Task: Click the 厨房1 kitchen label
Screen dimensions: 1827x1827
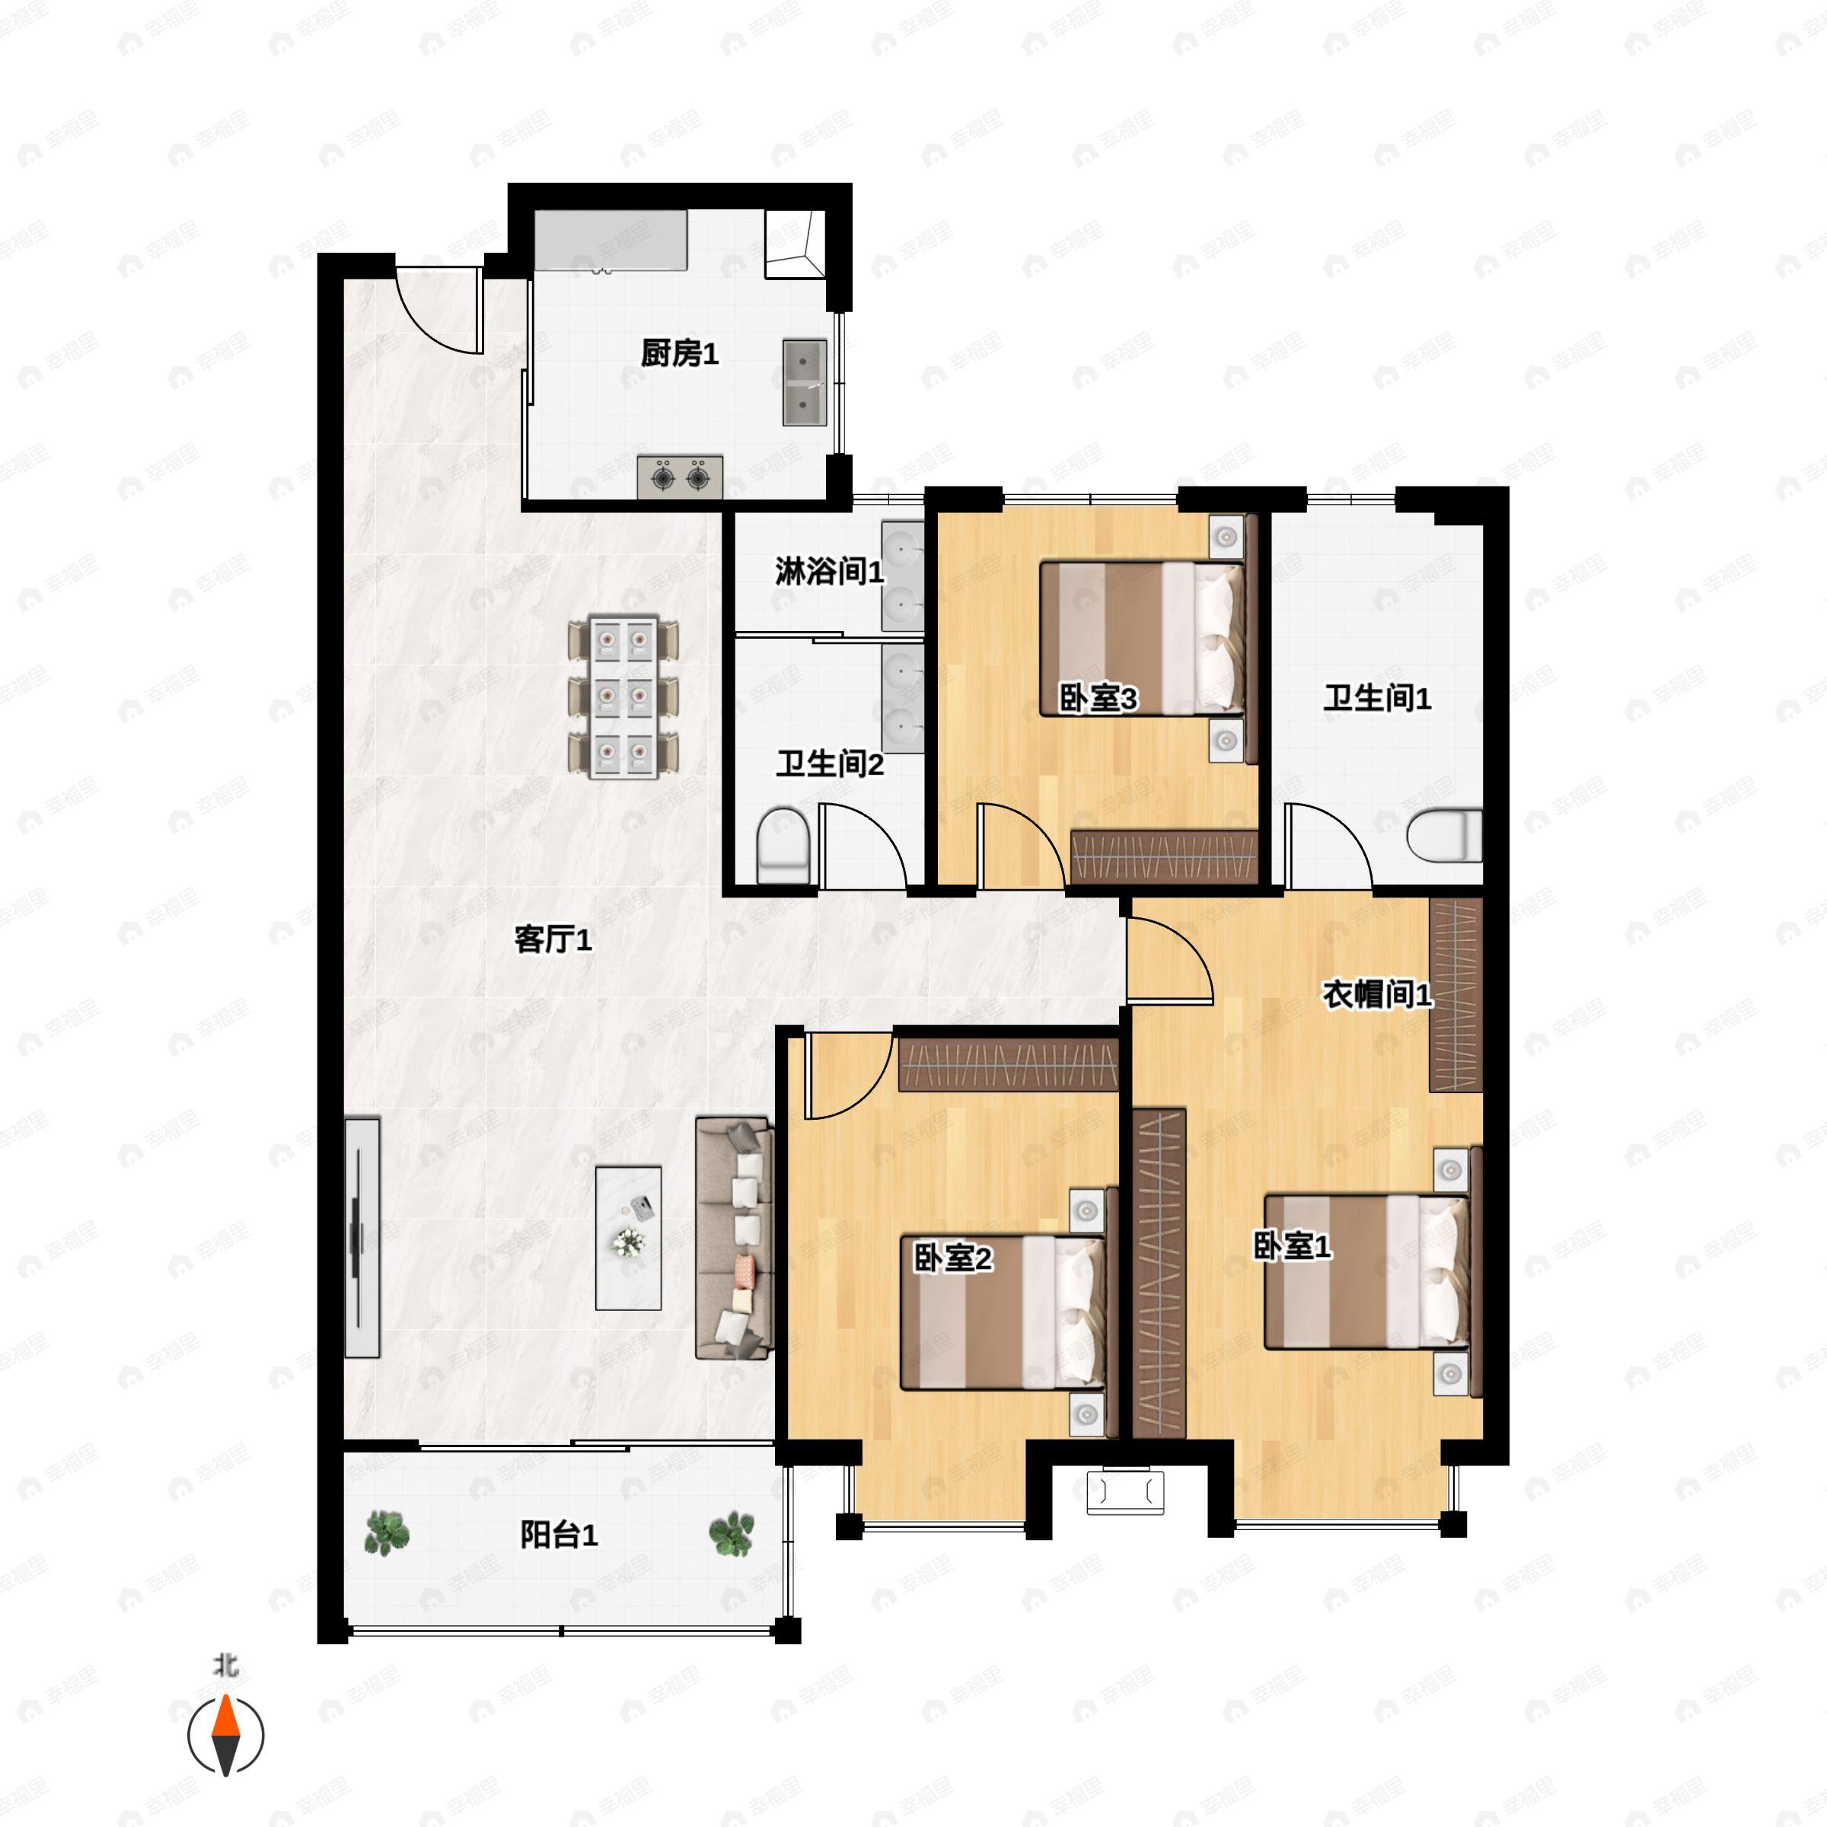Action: point(679,354)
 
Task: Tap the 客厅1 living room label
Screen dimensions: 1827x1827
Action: point(553,940)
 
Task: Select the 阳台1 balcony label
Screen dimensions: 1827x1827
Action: point(559,1535)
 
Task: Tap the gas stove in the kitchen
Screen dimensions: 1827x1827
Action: point(680,477)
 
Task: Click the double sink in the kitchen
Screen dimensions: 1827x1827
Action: point(805,383)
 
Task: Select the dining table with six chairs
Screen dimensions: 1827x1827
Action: point(623,697)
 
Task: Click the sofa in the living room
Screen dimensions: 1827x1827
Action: point(735,1239)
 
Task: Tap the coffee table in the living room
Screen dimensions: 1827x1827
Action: point(628,1238)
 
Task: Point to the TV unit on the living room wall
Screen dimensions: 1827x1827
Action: point(362,1238)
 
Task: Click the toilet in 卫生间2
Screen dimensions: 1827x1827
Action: point(783,843)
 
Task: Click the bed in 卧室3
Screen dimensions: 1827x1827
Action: point(1141,639)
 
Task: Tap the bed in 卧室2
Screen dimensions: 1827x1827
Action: point(1003,1312)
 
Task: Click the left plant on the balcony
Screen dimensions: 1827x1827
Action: point(386,1534)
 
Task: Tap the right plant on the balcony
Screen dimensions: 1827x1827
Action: point(732,1534)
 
